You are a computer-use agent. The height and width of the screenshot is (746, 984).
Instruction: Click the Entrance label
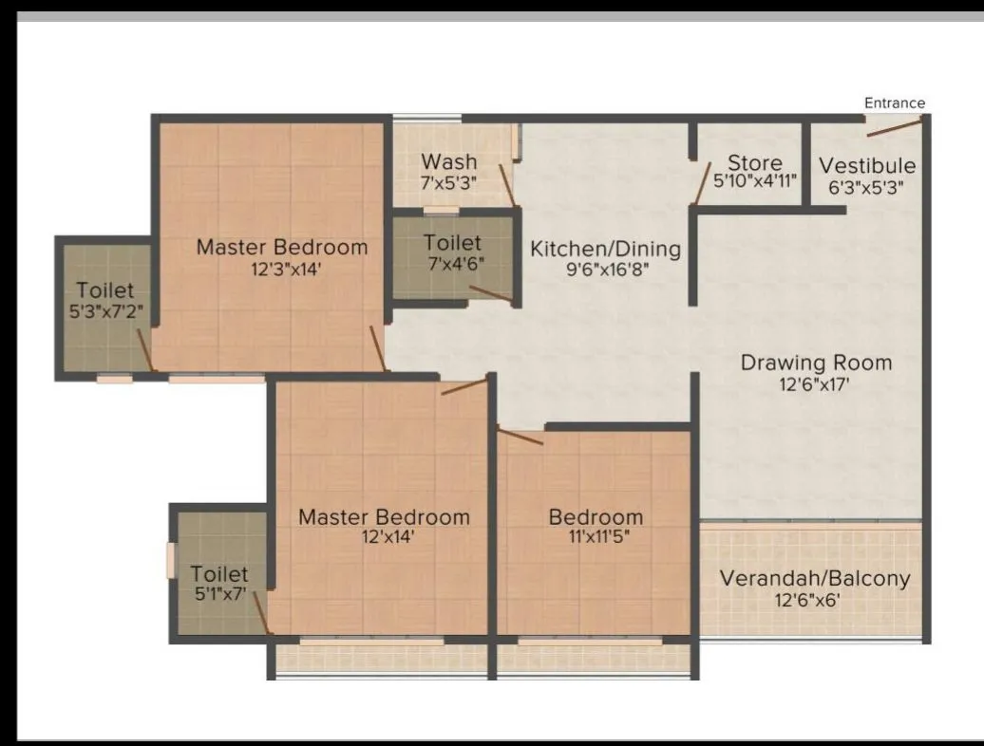point(894,103)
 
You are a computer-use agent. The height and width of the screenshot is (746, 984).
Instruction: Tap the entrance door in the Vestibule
point(894,127)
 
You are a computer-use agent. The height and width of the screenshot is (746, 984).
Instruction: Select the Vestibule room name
point(867,166)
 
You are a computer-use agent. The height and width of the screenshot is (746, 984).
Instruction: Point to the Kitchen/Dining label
point(605,249)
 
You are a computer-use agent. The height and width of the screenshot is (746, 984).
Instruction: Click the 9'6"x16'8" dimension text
point(606,269)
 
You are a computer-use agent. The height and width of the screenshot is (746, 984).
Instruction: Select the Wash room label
point(449,161)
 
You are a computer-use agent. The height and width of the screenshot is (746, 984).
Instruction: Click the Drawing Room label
point(816,363)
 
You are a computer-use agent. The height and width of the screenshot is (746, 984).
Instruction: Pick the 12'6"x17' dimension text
point(816,384)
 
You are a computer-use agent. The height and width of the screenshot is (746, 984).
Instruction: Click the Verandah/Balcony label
point(814,578)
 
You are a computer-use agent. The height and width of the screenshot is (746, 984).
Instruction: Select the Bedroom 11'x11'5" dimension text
point(596,537)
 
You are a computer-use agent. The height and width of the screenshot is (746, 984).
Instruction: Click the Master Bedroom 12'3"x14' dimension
point(281,269)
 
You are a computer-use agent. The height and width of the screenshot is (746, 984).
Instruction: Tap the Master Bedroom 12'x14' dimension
point(384,537)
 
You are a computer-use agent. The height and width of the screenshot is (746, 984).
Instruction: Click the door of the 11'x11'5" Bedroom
point(520,437)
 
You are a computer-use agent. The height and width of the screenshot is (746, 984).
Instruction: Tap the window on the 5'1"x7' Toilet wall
point(171,560)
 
